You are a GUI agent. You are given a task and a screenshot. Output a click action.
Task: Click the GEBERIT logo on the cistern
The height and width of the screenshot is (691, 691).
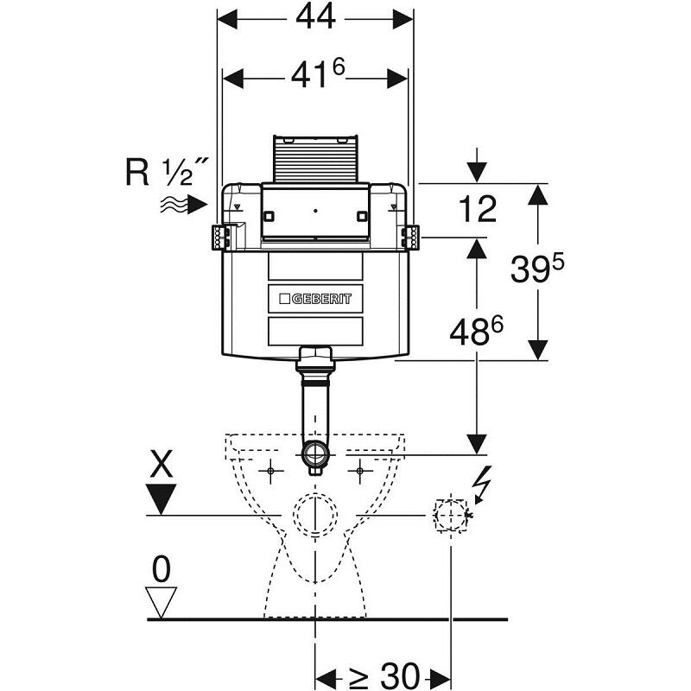pos(315,299)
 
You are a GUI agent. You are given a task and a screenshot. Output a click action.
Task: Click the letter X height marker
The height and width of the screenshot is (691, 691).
pos(162,467)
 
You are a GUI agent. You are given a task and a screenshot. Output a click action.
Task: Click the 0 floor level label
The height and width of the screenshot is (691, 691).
pos(162,567)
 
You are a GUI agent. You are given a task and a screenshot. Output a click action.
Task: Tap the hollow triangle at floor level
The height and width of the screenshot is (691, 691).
pos(162,599)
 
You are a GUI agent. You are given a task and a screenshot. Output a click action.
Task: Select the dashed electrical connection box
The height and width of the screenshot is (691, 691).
pos(450,515)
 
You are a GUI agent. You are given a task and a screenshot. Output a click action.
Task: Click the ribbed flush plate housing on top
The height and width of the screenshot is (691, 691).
pos(315,158)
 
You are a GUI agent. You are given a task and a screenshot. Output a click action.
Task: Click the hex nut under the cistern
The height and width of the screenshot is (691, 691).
pos(315,354)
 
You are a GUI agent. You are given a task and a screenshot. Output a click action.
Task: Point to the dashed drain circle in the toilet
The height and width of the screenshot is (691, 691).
pos(315,513)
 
